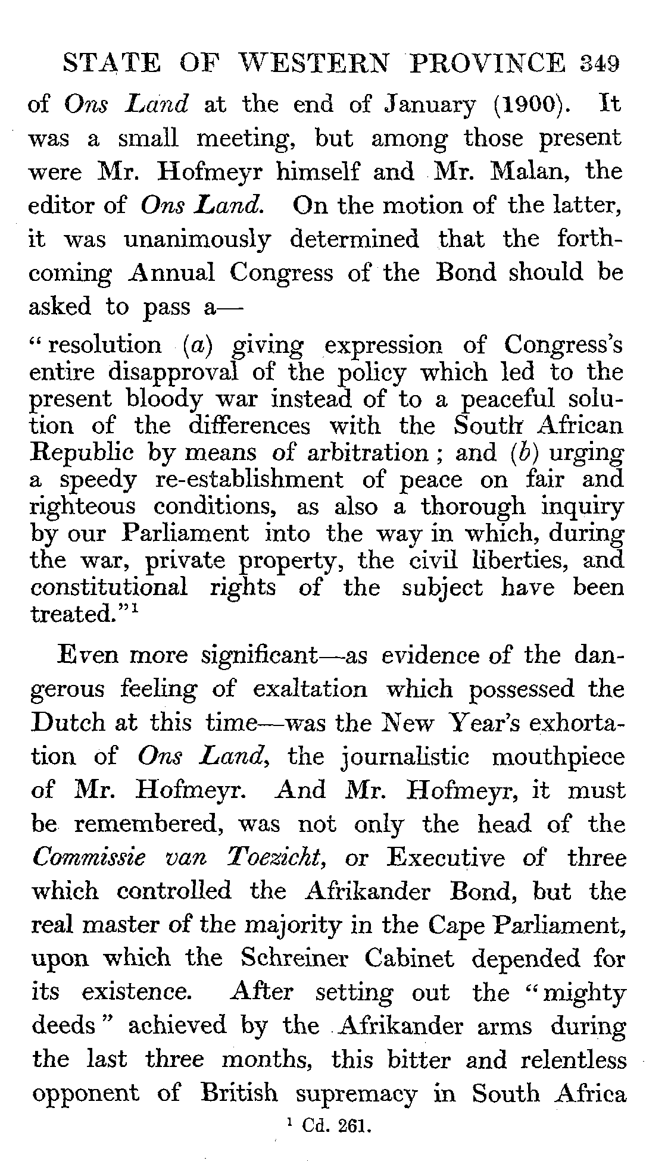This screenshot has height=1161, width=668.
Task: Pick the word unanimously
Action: tap(197, 240)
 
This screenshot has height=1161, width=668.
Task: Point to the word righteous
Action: tap(82, 507)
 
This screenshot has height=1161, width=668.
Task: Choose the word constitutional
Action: tap(110, 587)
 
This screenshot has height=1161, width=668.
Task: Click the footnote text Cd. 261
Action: tap(336, 1125)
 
